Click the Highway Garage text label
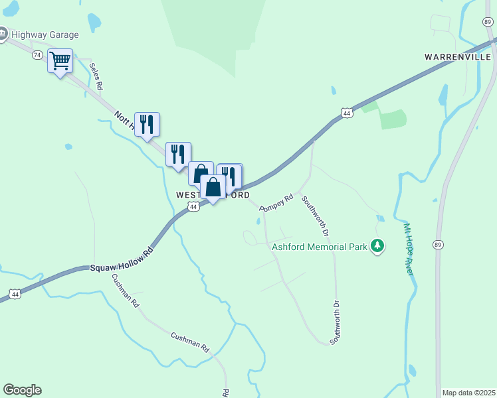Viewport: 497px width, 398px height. click(x=45, y=34)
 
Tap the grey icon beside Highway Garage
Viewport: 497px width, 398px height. click(x=3, y=33)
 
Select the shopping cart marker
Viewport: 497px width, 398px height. click(x=60, y=62)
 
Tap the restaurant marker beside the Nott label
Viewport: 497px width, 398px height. click(x=148, y=124)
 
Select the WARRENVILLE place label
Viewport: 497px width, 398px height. click(x=458, y=57)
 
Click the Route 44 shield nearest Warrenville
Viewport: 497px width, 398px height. click(x=347, y=113)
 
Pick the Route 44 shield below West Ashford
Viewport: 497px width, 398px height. click(x=193, y=207)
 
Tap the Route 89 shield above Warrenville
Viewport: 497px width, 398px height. click(x=488, y=21)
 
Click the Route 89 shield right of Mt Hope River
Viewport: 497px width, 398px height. click(x=439, y=243)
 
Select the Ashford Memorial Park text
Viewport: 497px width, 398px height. click(x=320, y=247)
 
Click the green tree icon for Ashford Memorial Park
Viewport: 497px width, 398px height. click(x=377, y=247)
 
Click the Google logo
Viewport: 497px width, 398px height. click(x=22, y=390)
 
